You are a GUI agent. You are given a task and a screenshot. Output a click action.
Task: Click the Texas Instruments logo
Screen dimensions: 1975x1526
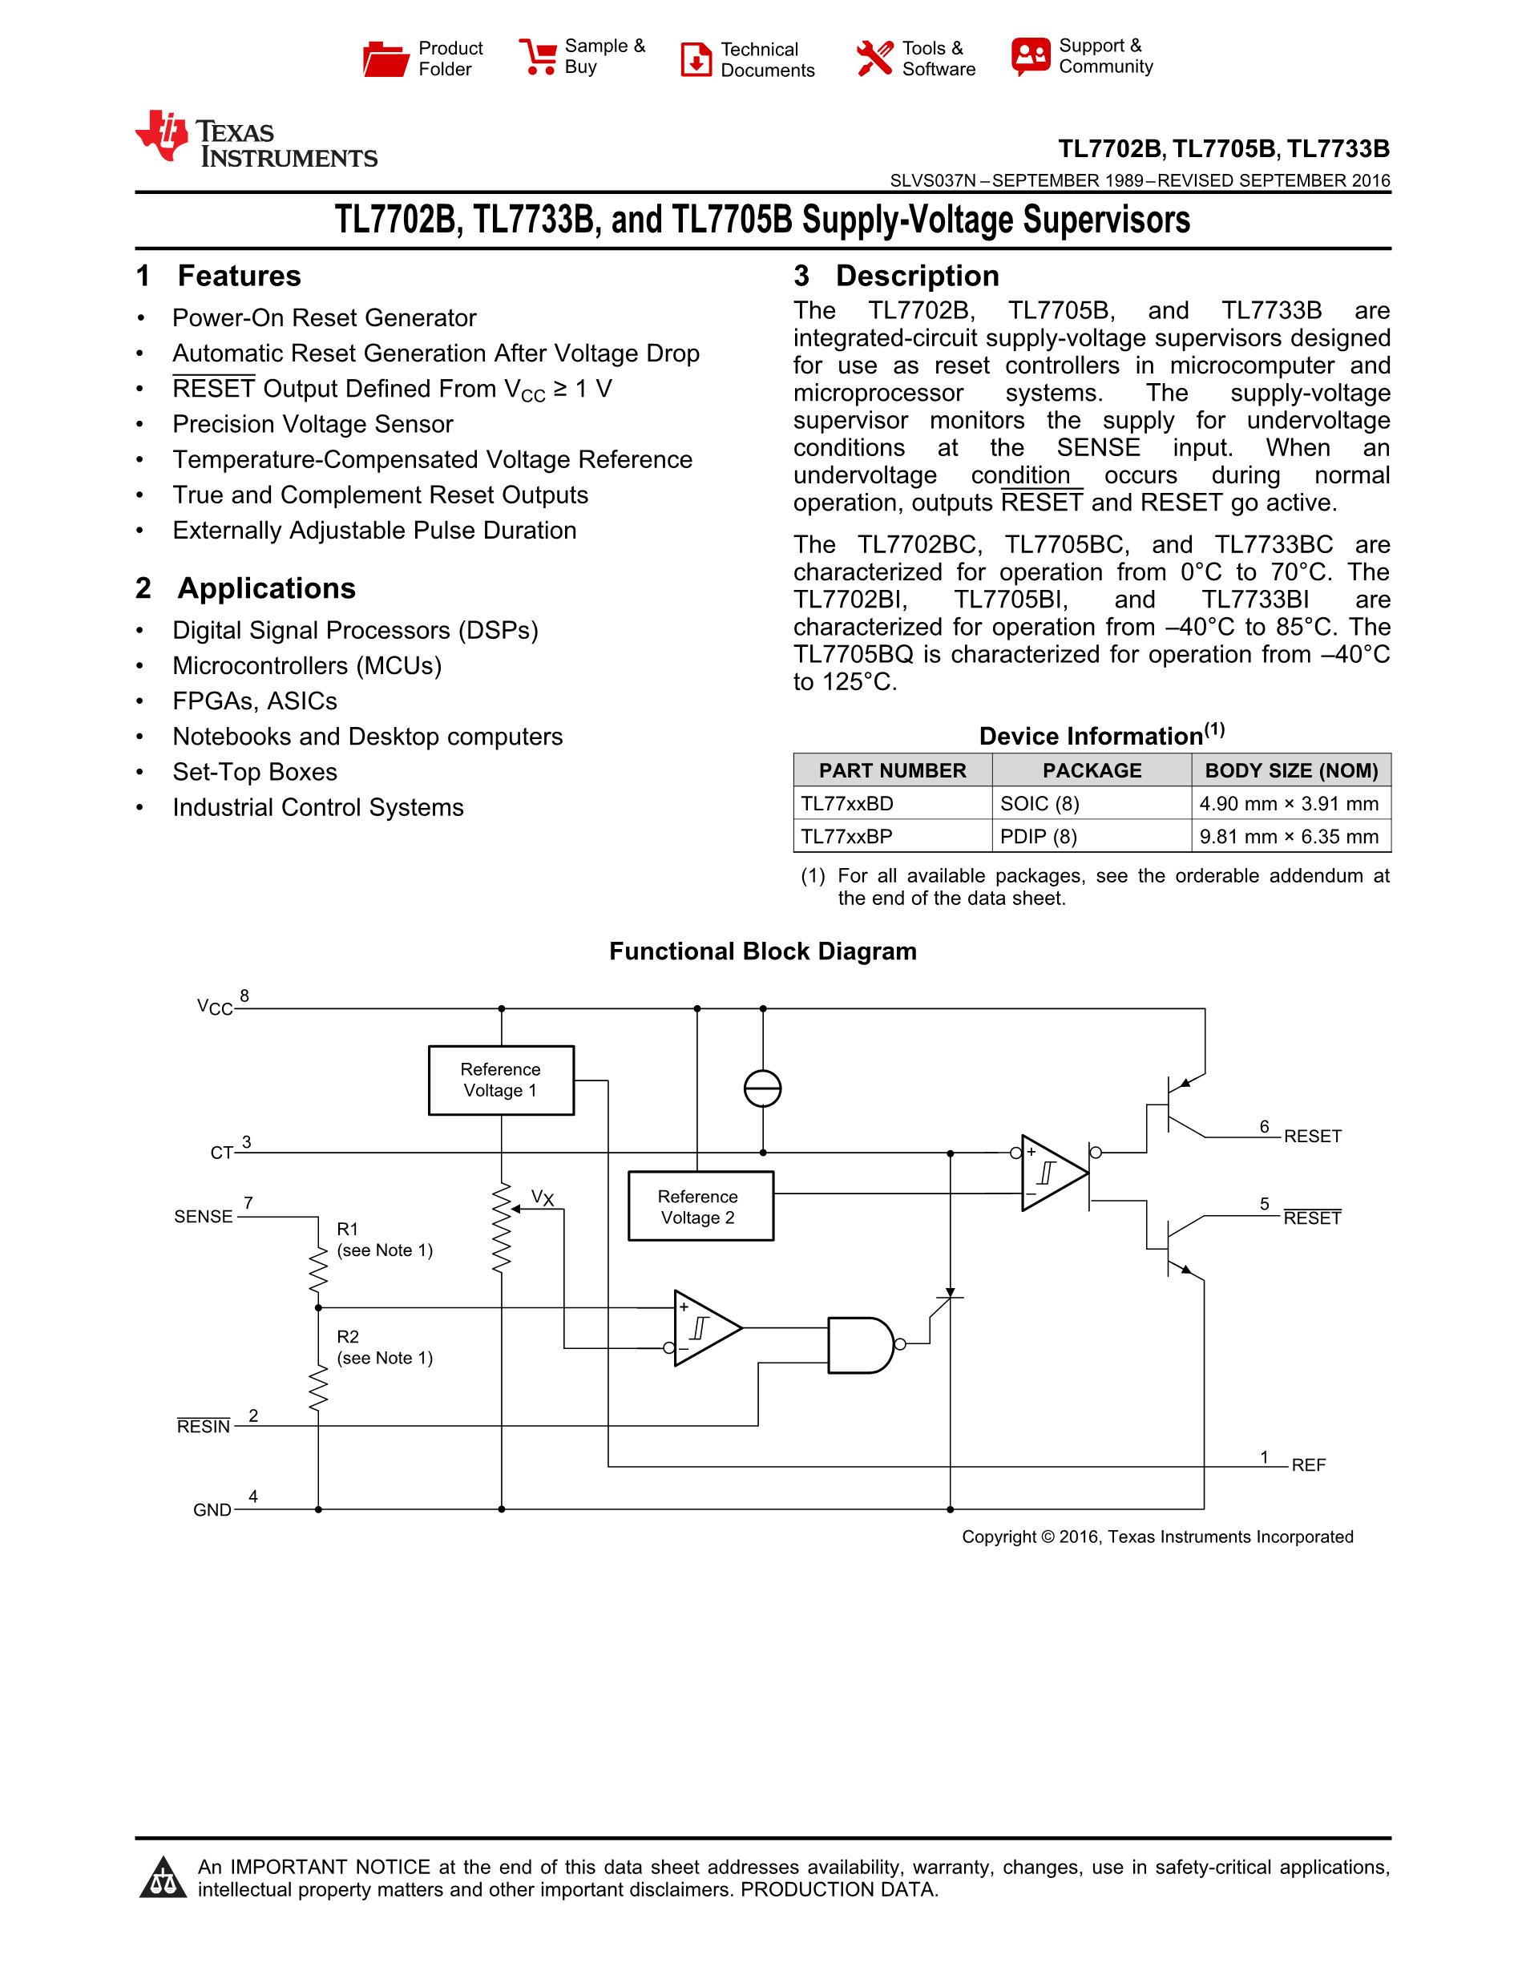[255, 140]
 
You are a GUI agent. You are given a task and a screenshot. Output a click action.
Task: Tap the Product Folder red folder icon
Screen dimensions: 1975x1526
[386, 59]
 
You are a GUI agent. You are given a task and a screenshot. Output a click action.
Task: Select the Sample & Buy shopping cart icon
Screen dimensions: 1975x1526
[538, 57]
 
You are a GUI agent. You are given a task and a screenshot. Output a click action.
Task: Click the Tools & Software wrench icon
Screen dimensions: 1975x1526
[874, 59]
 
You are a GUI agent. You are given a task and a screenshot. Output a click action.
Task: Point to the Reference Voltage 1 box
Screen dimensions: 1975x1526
[501, 1080]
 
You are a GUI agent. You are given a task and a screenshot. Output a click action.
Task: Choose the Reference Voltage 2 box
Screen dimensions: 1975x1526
[700, 1206]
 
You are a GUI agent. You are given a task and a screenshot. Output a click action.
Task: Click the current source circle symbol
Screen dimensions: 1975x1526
[762, 1088]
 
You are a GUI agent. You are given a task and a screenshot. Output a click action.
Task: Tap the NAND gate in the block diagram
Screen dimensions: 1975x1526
[862, 1345]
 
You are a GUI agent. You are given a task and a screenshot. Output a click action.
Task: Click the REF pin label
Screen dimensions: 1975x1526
[1308, 1465]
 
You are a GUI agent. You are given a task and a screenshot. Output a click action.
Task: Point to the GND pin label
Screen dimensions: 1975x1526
[212, 1510]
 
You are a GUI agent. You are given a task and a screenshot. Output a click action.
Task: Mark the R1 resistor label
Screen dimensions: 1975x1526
[348, 1229]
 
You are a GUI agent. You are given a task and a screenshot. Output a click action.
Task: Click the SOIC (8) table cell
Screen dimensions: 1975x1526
[1040, 803]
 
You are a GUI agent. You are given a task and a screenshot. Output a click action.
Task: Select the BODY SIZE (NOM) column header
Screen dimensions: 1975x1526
[1291, 770]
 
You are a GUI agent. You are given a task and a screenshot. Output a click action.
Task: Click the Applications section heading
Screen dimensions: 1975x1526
[266, 588]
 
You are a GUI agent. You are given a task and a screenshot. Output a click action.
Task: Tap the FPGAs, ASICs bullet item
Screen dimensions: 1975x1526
[255, 701]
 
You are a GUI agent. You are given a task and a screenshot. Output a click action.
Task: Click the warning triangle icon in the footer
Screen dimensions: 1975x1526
[163, 1877]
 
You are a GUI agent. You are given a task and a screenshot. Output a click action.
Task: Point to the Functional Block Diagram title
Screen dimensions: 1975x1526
[762, 951]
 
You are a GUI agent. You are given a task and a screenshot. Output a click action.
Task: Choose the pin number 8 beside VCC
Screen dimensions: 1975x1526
[244, 996]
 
